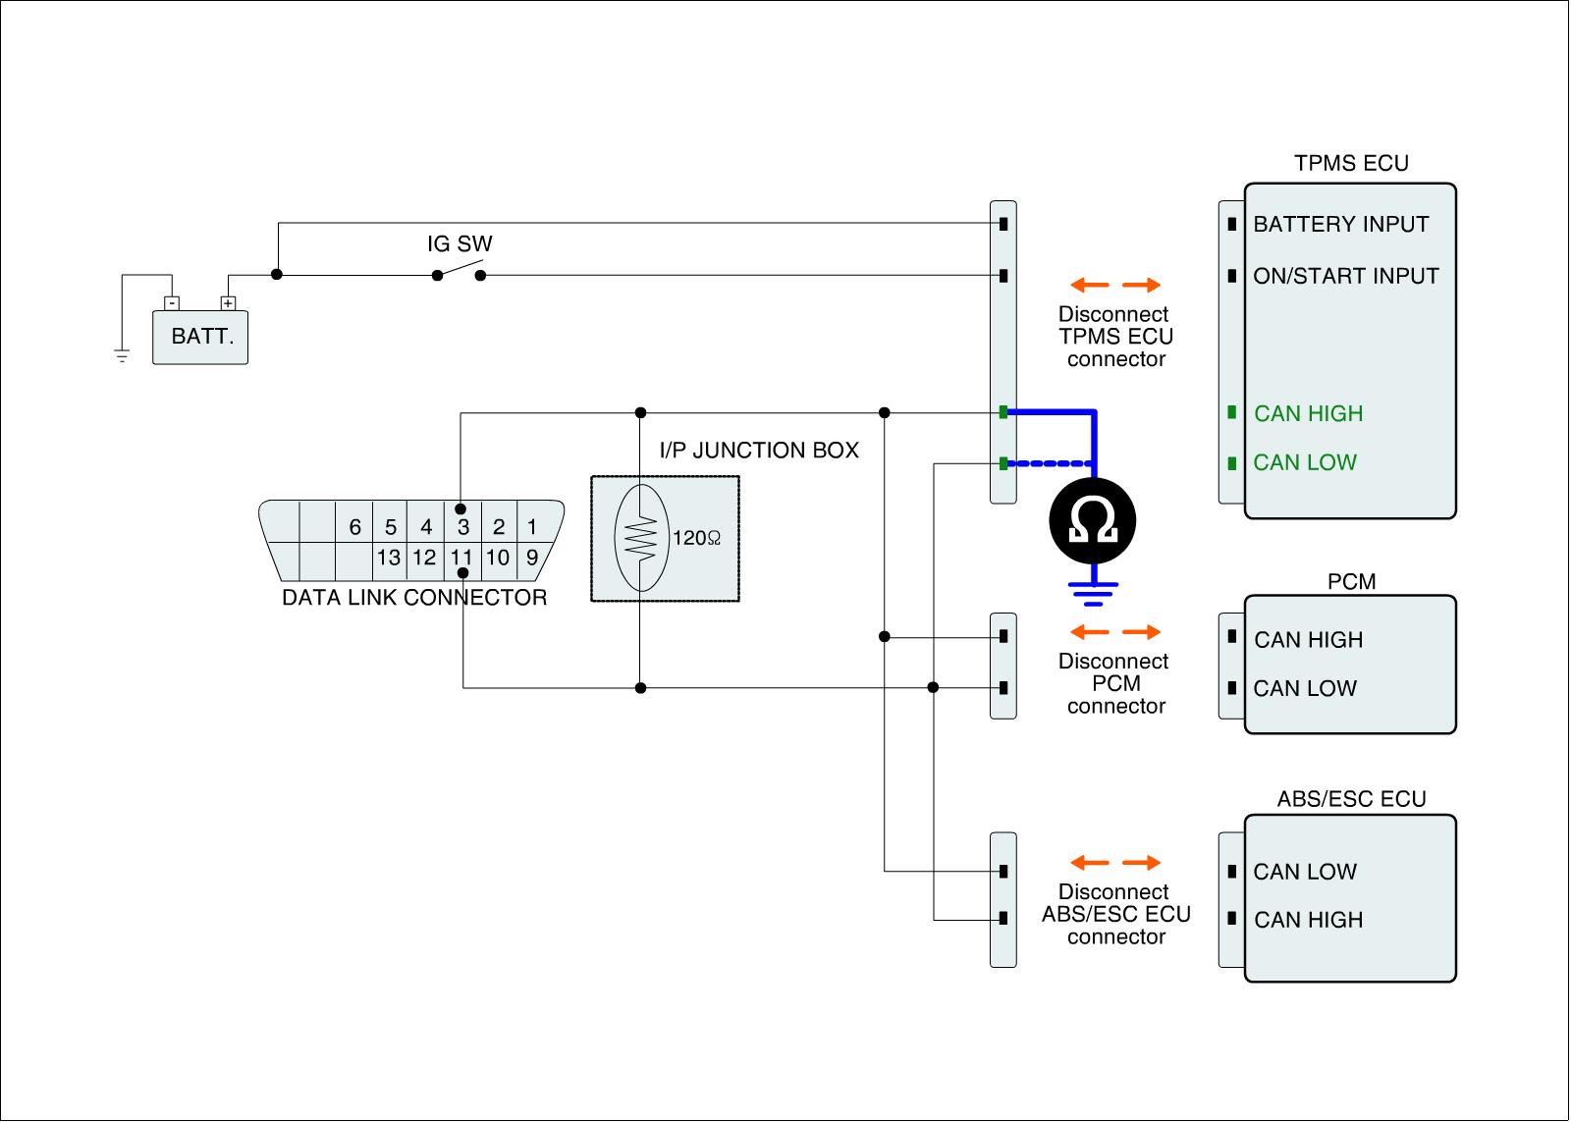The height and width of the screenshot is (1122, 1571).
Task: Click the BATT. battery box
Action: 200,338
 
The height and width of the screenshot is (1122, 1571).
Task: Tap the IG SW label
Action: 460,244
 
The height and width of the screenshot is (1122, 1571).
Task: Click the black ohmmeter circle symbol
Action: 1093,521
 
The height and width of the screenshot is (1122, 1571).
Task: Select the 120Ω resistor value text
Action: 696,539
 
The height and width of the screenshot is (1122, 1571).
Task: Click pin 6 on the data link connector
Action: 354,526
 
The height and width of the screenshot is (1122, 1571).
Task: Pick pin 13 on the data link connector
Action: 389,558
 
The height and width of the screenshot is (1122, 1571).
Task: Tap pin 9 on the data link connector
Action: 532,558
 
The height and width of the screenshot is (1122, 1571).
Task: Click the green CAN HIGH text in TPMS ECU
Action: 1309,413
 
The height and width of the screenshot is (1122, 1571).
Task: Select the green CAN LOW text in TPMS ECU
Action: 1305,462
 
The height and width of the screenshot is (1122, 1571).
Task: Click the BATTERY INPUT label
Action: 1341,225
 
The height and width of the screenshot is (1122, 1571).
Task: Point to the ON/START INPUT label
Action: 1346,276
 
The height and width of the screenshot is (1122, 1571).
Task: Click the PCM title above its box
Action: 1351,581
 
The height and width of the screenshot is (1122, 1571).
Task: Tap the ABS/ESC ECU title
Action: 1351,799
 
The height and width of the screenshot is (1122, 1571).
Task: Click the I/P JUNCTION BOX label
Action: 759,451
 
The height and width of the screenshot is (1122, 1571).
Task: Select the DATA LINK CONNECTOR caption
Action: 414,598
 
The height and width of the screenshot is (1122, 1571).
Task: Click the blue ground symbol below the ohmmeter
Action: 1093,594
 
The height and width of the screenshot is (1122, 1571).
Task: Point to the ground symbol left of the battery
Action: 122,355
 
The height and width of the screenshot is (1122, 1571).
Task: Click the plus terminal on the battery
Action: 228,303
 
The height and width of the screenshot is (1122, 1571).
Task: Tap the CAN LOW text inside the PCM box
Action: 1305,689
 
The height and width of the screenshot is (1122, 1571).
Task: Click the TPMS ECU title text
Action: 1351,163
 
